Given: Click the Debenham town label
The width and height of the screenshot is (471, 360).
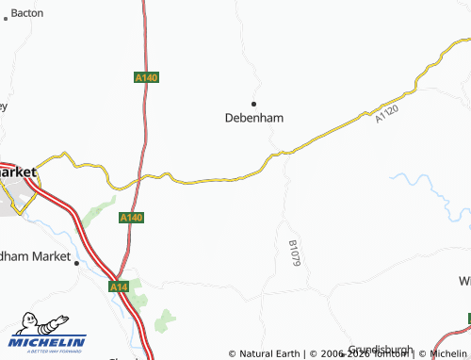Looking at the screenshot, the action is pyautogui.click(x=253, y=118).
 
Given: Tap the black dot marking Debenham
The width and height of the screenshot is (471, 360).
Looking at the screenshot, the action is pyautogui.click(x=252, y=102).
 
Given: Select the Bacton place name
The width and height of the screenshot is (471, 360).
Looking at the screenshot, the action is pyautogui.click(x=26, y=14).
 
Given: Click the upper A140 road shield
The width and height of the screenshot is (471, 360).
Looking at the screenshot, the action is pyautogui.click(x=145, y=78).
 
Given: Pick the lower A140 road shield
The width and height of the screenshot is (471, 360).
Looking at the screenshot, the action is pyautogui.click(x=132, y=218).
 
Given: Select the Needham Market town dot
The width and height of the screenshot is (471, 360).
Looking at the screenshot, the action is pyautogui.click(x=76, y=264).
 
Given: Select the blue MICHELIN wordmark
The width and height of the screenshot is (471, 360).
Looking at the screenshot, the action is pyautogui.click(x=48, y=341).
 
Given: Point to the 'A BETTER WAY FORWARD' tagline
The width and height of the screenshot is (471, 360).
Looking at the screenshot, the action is pyautogui.click(x=49, y=352).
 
